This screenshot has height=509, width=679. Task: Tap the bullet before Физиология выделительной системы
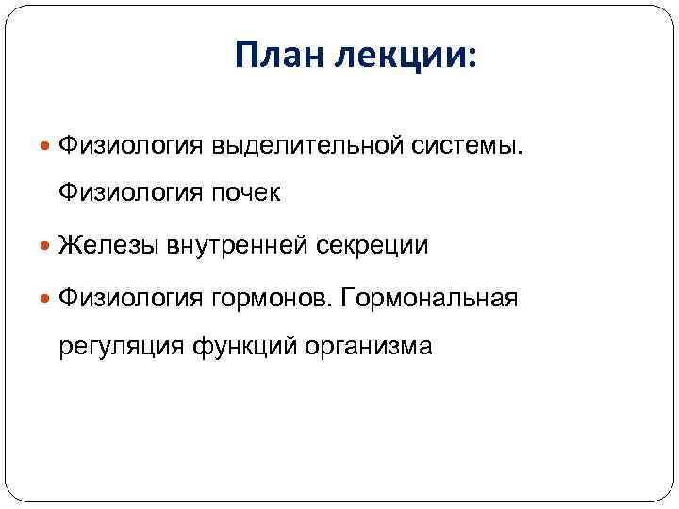tap(48, 145)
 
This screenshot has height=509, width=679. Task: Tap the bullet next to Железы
tap(48, 246)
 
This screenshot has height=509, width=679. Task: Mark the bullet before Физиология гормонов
tap(48, 299)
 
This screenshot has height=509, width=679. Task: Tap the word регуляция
tap(121, 347)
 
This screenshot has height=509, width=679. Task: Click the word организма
tap(369, 347)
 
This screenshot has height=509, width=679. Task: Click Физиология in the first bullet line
tap(130, 145)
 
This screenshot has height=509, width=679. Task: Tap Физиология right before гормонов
tap(130, 299)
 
